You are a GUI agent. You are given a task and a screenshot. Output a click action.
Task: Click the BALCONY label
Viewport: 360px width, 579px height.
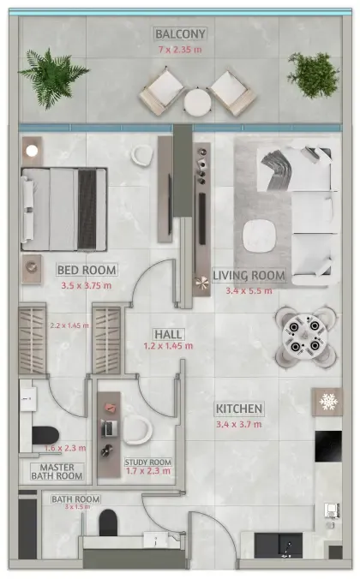point(181,34)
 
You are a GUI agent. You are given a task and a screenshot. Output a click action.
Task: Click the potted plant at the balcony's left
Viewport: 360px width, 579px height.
point(53,75)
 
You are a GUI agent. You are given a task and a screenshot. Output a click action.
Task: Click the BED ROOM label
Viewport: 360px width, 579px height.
point(87,270)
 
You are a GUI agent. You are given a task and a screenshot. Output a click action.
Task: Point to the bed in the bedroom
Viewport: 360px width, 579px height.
point(64,208)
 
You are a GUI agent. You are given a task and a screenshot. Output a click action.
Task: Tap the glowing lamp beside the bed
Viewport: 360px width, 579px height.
point(32,151)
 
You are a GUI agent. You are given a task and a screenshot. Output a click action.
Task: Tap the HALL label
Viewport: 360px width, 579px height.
point(166,333)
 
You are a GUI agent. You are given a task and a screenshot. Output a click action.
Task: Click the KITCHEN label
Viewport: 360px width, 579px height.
point(239,409)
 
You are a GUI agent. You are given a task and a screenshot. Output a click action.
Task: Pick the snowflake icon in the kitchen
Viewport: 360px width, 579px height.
point(328,401)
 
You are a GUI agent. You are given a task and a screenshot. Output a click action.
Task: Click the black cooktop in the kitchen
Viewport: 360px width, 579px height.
point(328,446)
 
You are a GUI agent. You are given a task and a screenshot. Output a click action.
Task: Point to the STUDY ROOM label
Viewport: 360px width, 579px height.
point(148,463)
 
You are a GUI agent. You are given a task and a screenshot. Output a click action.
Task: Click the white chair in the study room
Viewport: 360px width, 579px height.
point(137,429)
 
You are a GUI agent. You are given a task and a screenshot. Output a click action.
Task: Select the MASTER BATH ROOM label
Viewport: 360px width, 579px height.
point(57,470)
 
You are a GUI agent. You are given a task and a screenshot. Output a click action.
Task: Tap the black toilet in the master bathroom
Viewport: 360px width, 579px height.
point(46,434)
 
